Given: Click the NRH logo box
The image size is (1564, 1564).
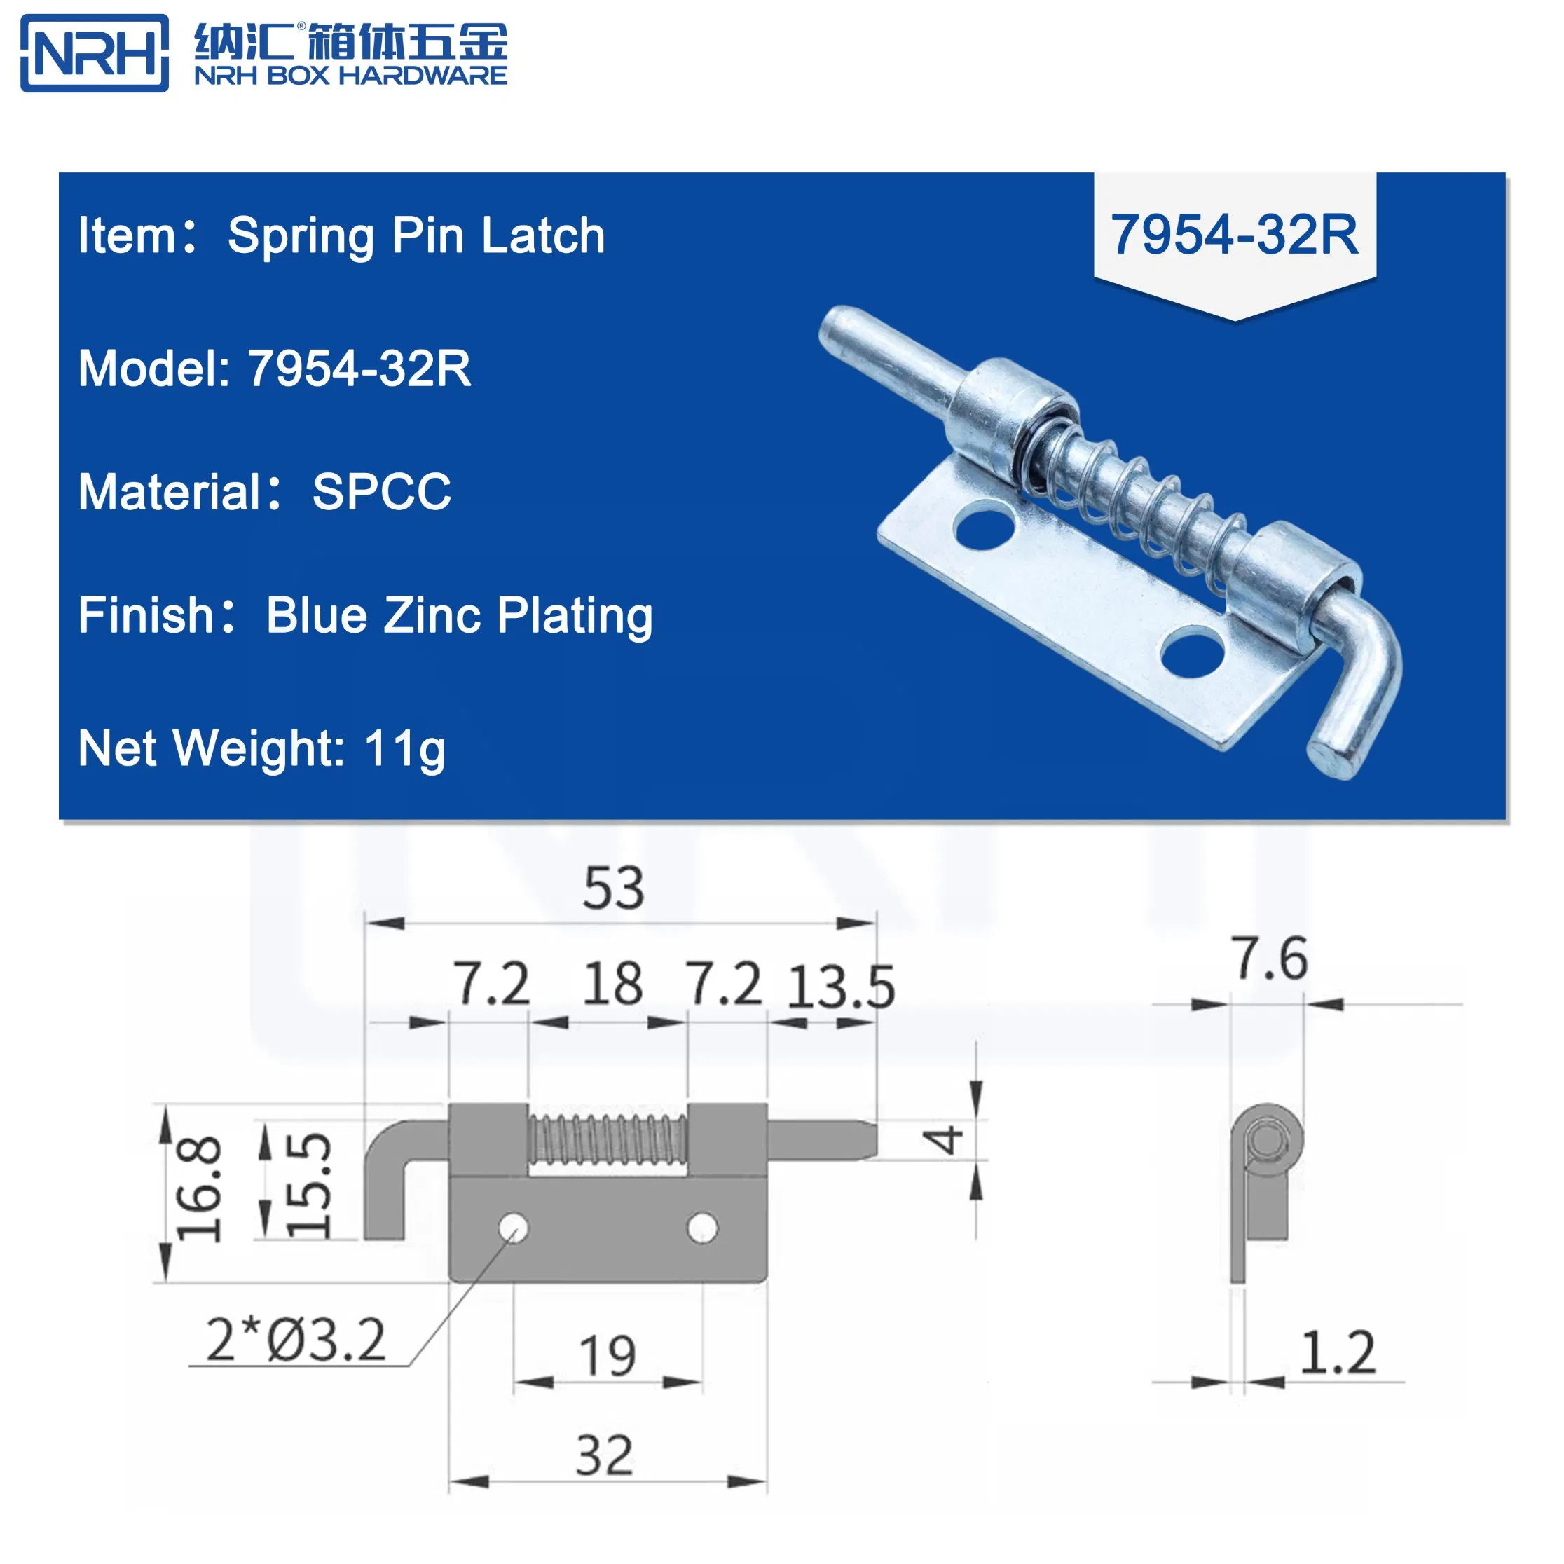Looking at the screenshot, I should pyautogui.click(x=95, y=53).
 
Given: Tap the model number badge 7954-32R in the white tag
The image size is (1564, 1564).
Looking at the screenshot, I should pyautogui.click(x=1234, y=235).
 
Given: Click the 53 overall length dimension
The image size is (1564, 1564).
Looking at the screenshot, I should pyautogui.click(x=614, y=888).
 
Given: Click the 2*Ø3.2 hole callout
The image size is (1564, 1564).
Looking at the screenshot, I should pyautogui.click(x=296, y=1340).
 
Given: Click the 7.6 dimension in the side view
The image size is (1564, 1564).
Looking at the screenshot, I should pyautogui.click(x=1268, y=959).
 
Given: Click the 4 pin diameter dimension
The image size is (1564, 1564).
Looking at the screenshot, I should pyautogui.click(x=944, y=1140).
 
